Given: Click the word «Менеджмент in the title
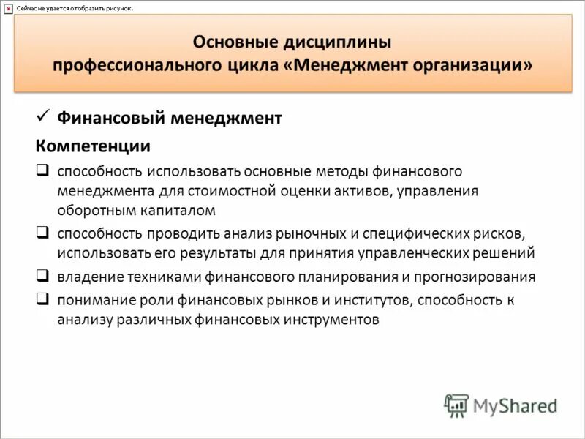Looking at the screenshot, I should [x=347, y=65].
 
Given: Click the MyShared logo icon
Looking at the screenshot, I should [x=456, y=405].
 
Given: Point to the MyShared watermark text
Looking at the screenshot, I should [x=515, y=405].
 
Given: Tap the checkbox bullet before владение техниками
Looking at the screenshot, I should [x=42, y=277].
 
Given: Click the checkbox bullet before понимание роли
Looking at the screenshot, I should [x=42, y=299].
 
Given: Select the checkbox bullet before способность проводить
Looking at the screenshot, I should [x=42, y=233].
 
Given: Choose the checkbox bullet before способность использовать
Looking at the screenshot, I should [x=42, y=170].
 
